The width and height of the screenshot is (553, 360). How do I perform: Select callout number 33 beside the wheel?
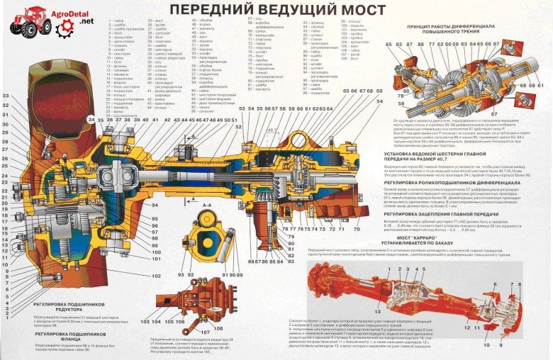pyautogui.click(x=6, y=96)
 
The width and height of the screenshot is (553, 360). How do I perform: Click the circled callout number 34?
pyautogui.click(x=91, y=120)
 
